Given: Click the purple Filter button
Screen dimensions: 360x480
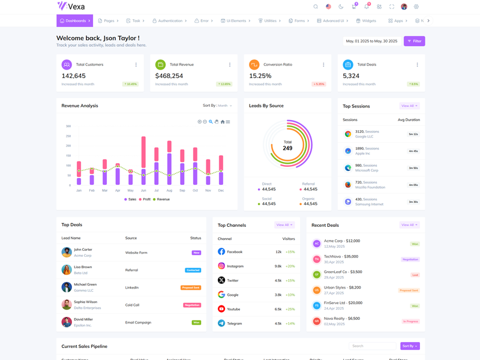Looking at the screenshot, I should pos(414,41).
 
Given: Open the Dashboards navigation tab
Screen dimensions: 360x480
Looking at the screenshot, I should pos(75,21).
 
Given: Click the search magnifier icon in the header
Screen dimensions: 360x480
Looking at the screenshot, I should pos(316,7).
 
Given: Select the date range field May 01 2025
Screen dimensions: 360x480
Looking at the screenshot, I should pos(371,41).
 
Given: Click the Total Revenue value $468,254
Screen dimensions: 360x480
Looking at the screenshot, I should pos(169,76).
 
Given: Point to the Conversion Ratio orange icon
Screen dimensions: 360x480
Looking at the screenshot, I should pos(254,65).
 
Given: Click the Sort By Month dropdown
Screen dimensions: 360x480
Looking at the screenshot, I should pos(217,106).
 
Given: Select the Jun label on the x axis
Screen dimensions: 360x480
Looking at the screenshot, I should pos(143,190).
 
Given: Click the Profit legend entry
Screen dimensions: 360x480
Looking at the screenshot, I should pos(145,199).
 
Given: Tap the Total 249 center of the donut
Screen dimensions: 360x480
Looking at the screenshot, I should pos(287,145).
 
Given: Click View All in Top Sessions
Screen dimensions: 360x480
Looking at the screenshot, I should pos(409,106).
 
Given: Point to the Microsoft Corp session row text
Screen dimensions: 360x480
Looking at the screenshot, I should pos(367,168).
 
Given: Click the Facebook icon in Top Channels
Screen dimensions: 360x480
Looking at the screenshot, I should pos(221,252).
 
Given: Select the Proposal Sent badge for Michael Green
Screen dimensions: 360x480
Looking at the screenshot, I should pos(191,287).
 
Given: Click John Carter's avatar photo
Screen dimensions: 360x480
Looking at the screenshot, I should pos(67,253).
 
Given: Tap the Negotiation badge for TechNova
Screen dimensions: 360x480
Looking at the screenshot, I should pos(410,260).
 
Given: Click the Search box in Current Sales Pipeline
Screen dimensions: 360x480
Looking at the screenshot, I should pos(372,346).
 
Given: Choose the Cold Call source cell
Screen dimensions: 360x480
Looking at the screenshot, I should pos(132,305).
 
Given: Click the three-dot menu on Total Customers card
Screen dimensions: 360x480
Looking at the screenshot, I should pos(136,65).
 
